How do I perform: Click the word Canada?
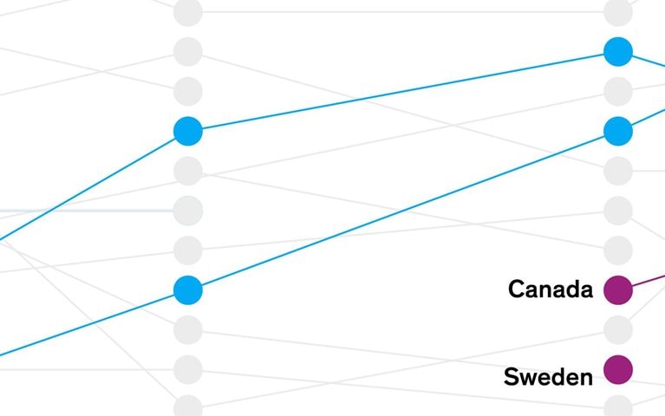tap(551, 289)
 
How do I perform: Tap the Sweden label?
tap(548, 376)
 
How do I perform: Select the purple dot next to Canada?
tap(618, 290)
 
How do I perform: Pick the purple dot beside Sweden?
tap(618, 370)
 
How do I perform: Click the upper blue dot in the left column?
tap(188, 131)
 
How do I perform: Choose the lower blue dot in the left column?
tap(188, 290)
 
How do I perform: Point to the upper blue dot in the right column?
tap(618, 52)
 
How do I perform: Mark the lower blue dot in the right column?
tap(618, 131)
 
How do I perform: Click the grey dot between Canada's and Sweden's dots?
tap(618, 330)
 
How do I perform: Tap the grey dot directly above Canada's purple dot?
tap(618, 250)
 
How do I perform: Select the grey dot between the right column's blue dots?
tap(618, 91)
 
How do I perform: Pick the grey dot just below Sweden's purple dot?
tap(618, 406)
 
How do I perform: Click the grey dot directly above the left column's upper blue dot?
tap(188, 91)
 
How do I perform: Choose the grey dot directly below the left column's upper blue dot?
tap(188, 171)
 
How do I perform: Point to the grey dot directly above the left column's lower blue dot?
tap(188, 250)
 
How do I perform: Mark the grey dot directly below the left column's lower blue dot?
tap(188, 330)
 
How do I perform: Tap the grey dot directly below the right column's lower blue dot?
tap(618, 171)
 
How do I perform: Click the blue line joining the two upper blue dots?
tap(403, 91)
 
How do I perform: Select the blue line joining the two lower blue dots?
tap(403, 211)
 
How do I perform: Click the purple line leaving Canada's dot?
tap(649, 280)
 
